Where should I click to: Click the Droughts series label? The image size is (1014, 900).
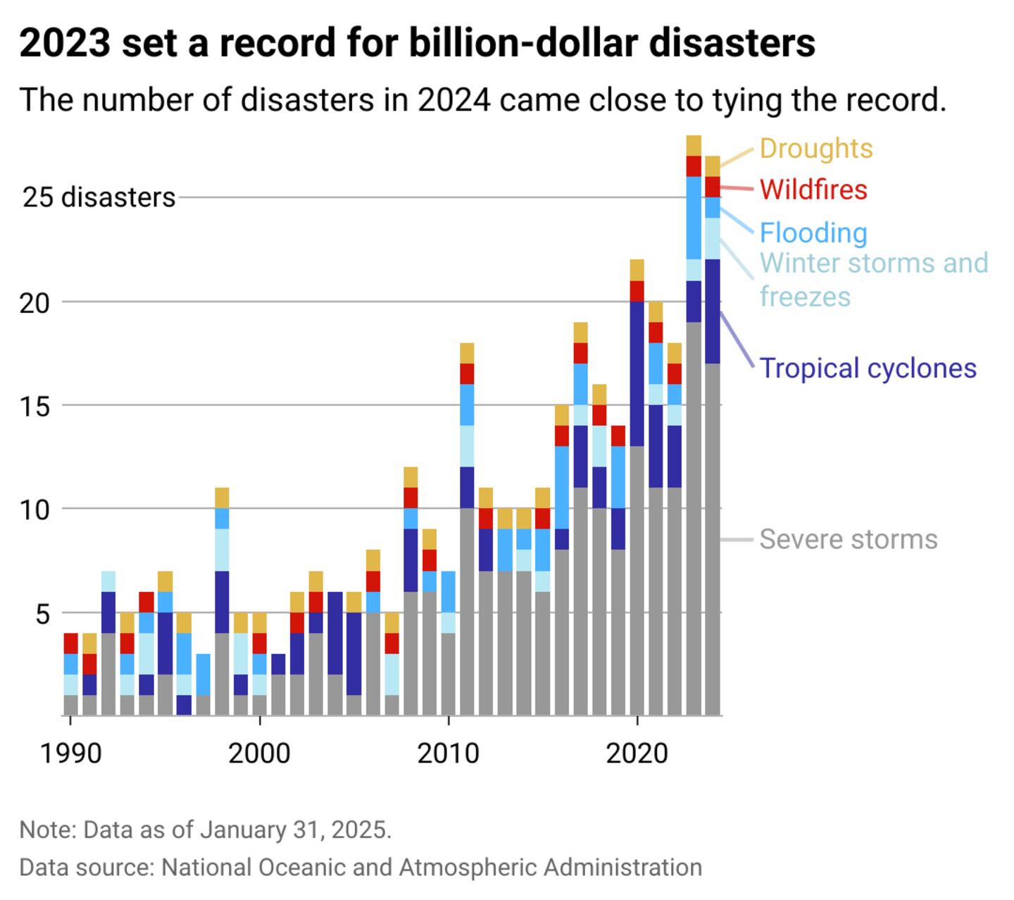click(815, 149)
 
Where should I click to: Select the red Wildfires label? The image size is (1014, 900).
click(813, 190)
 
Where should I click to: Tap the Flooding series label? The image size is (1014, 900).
click(813, 233)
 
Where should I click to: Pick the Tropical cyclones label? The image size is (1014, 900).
click(868, 368)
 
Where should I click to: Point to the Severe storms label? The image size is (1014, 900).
click(848, 539)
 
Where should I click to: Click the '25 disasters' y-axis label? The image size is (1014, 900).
click(99, 197)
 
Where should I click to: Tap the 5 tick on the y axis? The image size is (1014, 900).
click(43, 614)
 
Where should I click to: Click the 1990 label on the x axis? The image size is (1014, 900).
click(70, 753)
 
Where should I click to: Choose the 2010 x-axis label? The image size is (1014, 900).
click(448, 753)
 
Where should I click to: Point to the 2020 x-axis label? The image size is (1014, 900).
click(637, 753)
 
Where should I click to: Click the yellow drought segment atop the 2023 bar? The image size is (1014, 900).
click(694, 145)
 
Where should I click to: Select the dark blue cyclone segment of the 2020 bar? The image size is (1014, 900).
click(637, 374)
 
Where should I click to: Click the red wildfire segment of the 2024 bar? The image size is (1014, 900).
click(713, 187)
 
